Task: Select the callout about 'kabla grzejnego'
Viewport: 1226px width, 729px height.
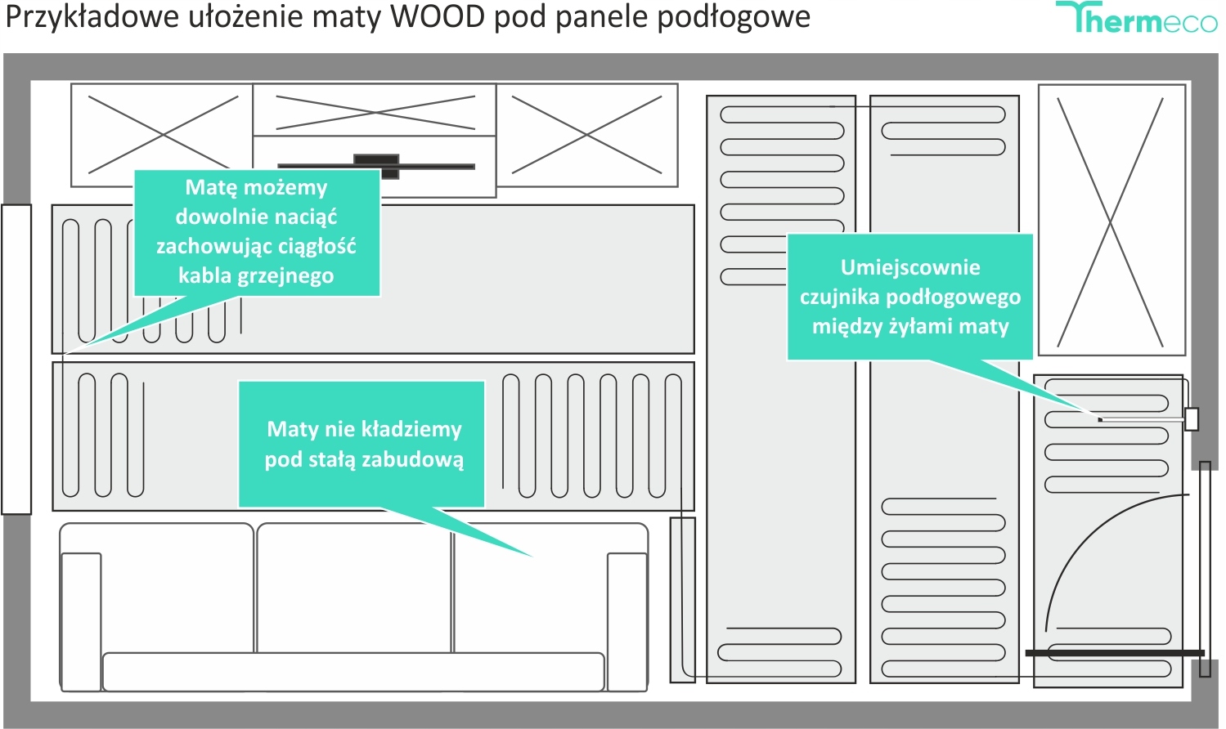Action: [257, 232]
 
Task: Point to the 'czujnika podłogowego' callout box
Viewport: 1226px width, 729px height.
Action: [909, 297]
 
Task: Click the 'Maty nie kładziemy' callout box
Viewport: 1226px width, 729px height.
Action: [362, 444]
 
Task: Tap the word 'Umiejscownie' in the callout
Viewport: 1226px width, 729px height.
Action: [909, 267]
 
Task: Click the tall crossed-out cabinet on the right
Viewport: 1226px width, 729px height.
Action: [1111, 221]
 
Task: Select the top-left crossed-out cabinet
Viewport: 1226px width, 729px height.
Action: [161, 135]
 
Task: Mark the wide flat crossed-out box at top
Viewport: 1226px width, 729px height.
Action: [375, 110]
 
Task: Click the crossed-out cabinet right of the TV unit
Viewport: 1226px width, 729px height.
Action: [586, 135]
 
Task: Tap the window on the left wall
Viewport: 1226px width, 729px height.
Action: [16, 360]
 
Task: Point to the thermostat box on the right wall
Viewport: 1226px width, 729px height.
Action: [1192, 419]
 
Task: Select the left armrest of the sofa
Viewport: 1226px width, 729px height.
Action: [81, 617]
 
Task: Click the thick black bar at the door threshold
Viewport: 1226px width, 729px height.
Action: [1115, 653]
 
